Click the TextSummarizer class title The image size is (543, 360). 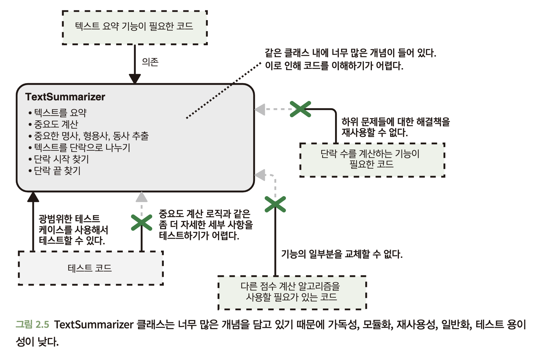(x=65, y=97)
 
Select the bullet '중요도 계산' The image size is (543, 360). (x=56, y=124)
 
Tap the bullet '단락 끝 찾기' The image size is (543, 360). (x=57, y=171)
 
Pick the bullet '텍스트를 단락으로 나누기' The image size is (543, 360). (x=82, y=148)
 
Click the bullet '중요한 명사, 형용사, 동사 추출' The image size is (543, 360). (x=91, y=136)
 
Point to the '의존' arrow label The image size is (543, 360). (x=150, y=62)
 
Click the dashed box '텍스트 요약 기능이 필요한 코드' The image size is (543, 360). (x=134, y=27)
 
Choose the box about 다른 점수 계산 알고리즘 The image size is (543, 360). (x=292, y=292)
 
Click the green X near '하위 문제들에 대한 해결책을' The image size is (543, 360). (x=300, y=109)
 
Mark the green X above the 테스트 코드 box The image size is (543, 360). (x=142, y=223)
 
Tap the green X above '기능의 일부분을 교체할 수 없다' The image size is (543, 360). (x=275, y=204)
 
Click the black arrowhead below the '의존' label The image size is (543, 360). (x=135, y=78)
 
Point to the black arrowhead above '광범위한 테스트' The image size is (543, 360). (x=33, y=197)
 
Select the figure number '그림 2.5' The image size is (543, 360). (x=32, y=324)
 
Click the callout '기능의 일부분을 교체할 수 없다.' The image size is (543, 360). (x=342, y=254)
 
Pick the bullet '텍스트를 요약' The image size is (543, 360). (x=60, y=112)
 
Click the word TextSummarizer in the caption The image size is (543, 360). (x=94, y=324)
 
